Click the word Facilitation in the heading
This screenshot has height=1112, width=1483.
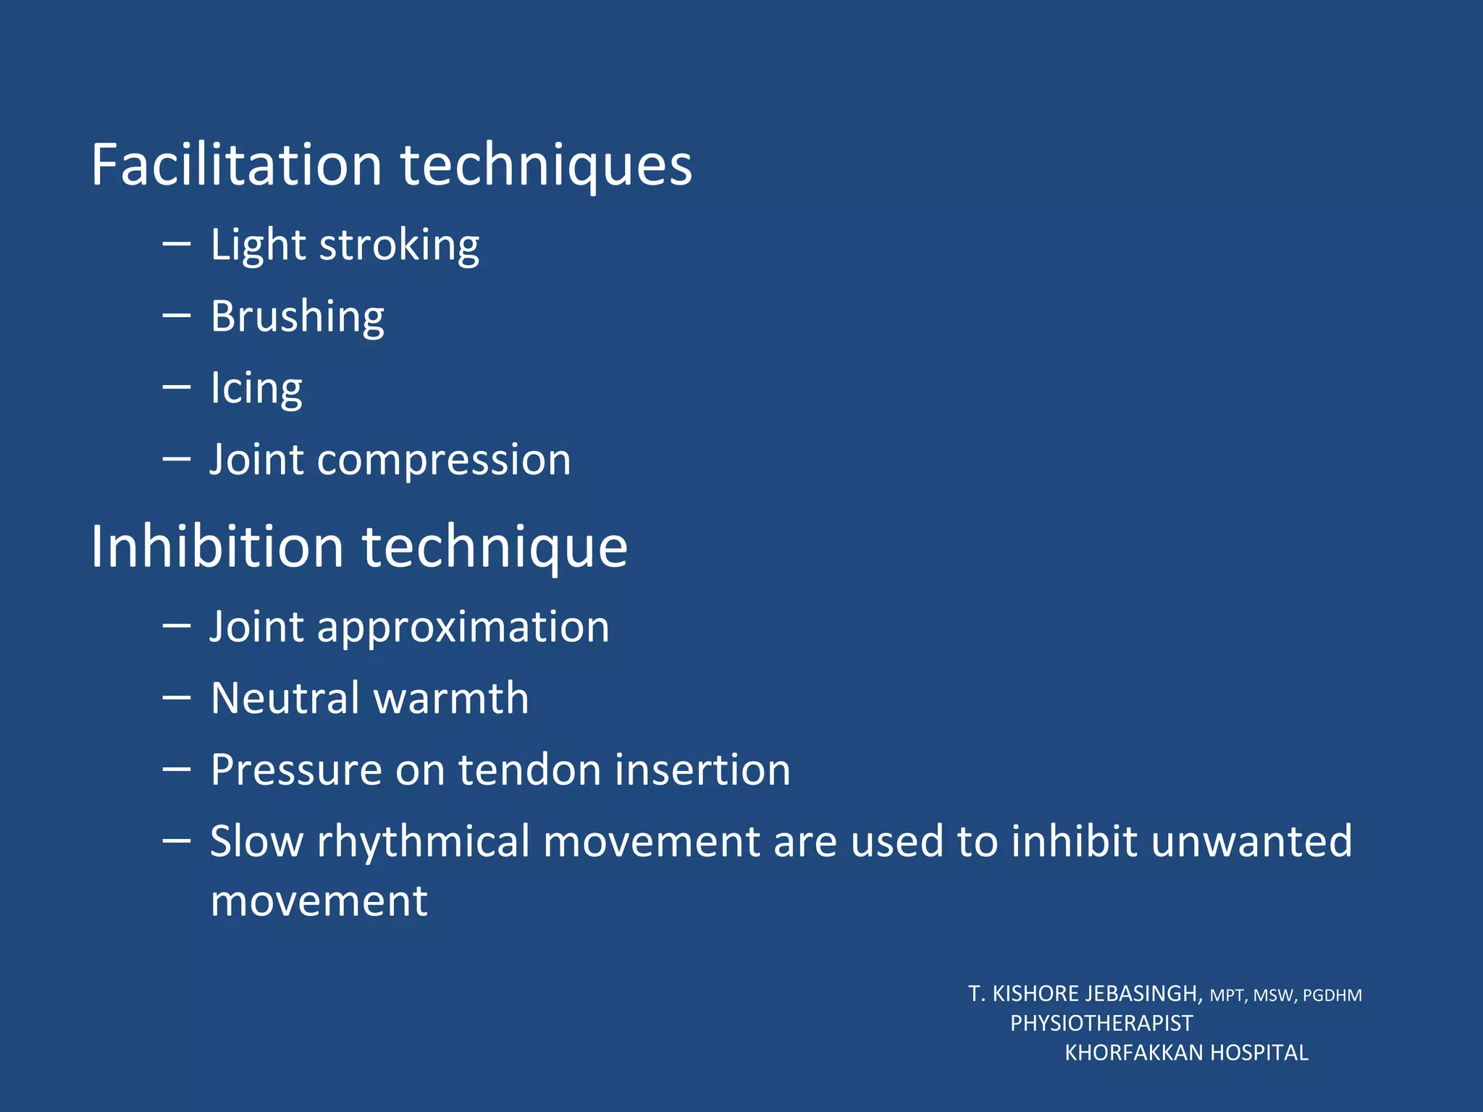[x=236, y=165]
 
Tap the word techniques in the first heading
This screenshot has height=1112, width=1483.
[x=547, y=167]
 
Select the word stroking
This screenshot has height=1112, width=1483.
[x=399, y=245]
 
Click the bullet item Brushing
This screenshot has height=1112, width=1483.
[x=298, y=316]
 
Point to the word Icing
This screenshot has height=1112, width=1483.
[x=256, y=388]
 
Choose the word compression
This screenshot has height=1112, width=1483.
[x=444, y=460]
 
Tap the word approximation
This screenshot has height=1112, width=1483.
[x=463, y=627]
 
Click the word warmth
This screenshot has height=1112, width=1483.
[x=450, y=698]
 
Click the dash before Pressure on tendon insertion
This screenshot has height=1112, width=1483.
[x=177, y=769]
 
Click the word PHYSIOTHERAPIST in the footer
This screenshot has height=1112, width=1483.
[x=1101, y=1023]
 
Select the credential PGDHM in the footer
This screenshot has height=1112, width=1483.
[x=1332, y=995]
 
